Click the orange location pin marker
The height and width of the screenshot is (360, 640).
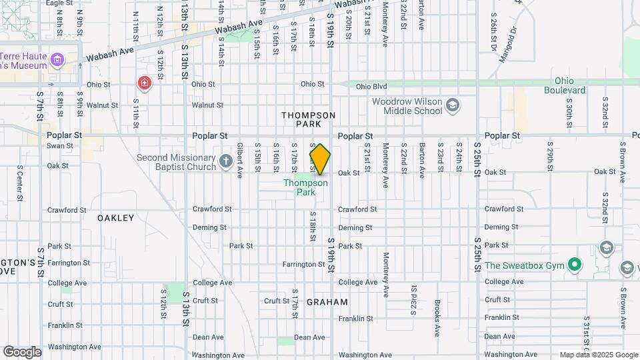(320, 159)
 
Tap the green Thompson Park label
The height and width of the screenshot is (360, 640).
(305, 187)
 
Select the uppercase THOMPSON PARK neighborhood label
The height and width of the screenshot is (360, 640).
(308, 119)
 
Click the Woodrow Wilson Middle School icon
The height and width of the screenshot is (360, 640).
(453, 105)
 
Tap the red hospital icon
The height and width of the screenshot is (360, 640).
(143, 83)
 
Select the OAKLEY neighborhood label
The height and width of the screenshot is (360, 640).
(116, 218)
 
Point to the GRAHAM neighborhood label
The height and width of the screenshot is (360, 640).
(327, 302)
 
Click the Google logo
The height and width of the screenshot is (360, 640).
(22, 351)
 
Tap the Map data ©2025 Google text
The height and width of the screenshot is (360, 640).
(598, 355)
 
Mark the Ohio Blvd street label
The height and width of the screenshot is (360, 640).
(371, 86)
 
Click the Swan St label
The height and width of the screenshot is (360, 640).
(60, 145)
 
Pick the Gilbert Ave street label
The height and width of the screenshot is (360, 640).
(239, 160)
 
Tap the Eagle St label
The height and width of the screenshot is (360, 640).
(59, 3)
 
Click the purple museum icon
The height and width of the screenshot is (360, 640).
(57, 61)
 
